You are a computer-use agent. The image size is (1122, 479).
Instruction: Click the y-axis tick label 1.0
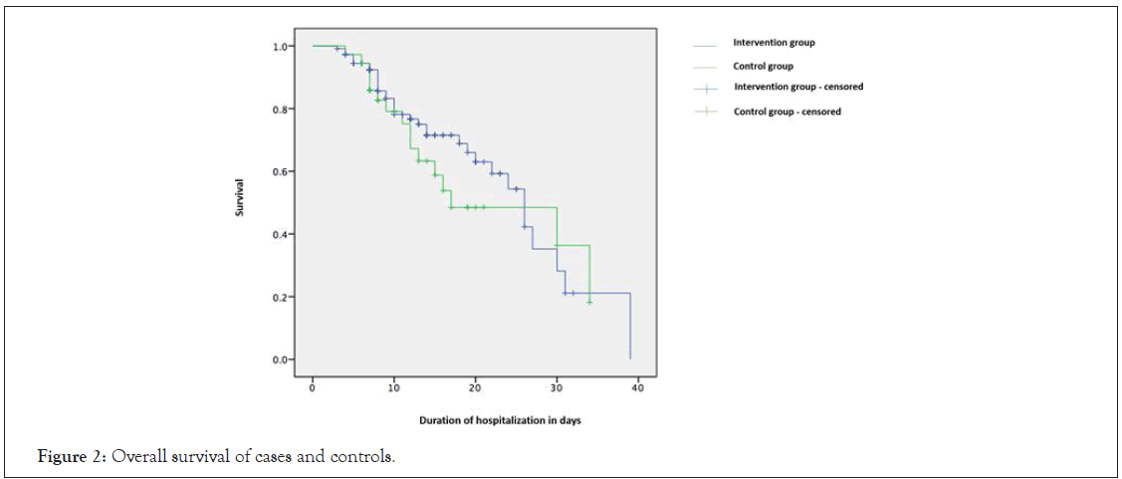[x=281, y=47]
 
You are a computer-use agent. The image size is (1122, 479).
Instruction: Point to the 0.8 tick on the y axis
[x=281, y=110]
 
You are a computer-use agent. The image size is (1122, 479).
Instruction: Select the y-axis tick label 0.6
[x=281, y=172]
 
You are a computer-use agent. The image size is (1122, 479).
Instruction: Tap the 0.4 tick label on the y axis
[x=281, y=235]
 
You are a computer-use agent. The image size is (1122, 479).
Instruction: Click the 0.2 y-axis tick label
[x=281, y=298]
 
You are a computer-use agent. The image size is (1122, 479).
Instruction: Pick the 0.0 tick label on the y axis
[x=281, y=359]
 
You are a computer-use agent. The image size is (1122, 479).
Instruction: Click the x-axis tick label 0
[x=313, y=386]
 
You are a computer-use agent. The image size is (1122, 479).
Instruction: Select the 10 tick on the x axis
[x=394, y=386]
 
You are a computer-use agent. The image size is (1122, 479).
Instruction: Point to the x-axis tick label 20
[x=475, y=386]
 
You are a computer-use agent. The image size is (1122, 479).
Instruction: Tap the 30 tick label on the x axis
[x=557, y=386]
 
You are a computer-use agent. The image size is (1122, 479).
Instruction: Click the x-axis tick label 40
[x=637, y=386]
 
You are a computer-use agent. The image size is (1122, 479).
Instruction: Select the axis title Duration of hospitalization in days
[x=485, y=420]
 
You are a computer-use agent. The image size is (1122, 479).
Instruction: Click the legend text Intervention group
[x=775, y=43]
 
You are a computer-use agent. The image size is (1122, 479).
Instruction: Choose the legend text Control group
[x=764, y=67]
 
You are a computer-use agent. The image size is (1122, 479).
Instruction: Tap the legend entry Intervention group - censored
[x=798, y=87]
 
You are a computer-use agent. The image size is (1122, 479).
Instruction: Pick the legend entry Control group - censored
[x=787, y=112]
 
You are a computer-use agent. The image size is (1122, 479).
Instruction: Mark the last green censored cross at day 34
[x=589, y=301]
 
